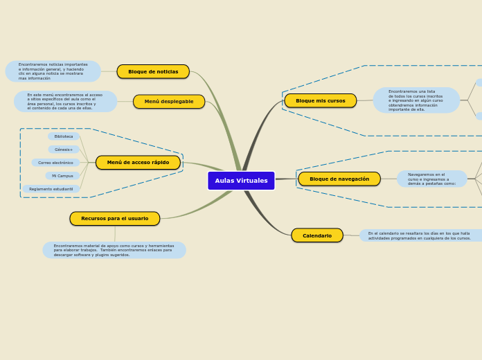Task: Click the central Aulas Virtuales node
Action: click(x=241, y=181)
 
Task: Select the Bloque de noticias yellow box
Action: click(x=153, y=71)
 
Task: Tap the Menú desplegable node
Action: click(x=169, y=102)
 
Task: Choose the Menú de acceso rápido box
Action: click(x=138, y=163)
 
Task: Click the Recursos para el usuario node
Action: click(x=114, y=219)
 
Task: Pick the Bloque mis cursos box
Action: click(x=320, y=101)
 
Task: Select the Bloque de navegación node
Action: click(x=339, y=179)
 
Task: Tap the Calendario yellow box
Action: click(x=316, y=236)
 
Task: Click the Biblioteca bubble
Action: click(x=64, y=136)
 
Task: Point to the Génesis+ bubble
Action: click(x=64, y=150)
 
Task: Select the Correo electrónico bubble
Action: click(x=55, y=163)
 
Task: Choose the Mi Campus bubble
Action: click(x=62, y=176)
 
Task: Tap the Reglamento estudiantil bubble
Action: click(x=51, y=189)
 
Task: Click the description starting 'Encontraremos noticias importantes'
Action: click(x=53, y=71)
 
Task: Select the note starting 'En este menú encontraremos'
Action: click(x=65, y=102)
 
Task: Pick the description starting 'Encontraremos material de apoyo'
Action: click(x=114, y=250)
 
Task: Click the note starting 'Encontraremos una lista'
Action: click(x=416, y=100)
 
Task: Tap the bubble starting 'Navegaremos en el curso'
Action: click(x=432, y=179)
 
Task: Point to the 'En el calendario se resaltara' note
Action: click(x=419, y=236)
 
